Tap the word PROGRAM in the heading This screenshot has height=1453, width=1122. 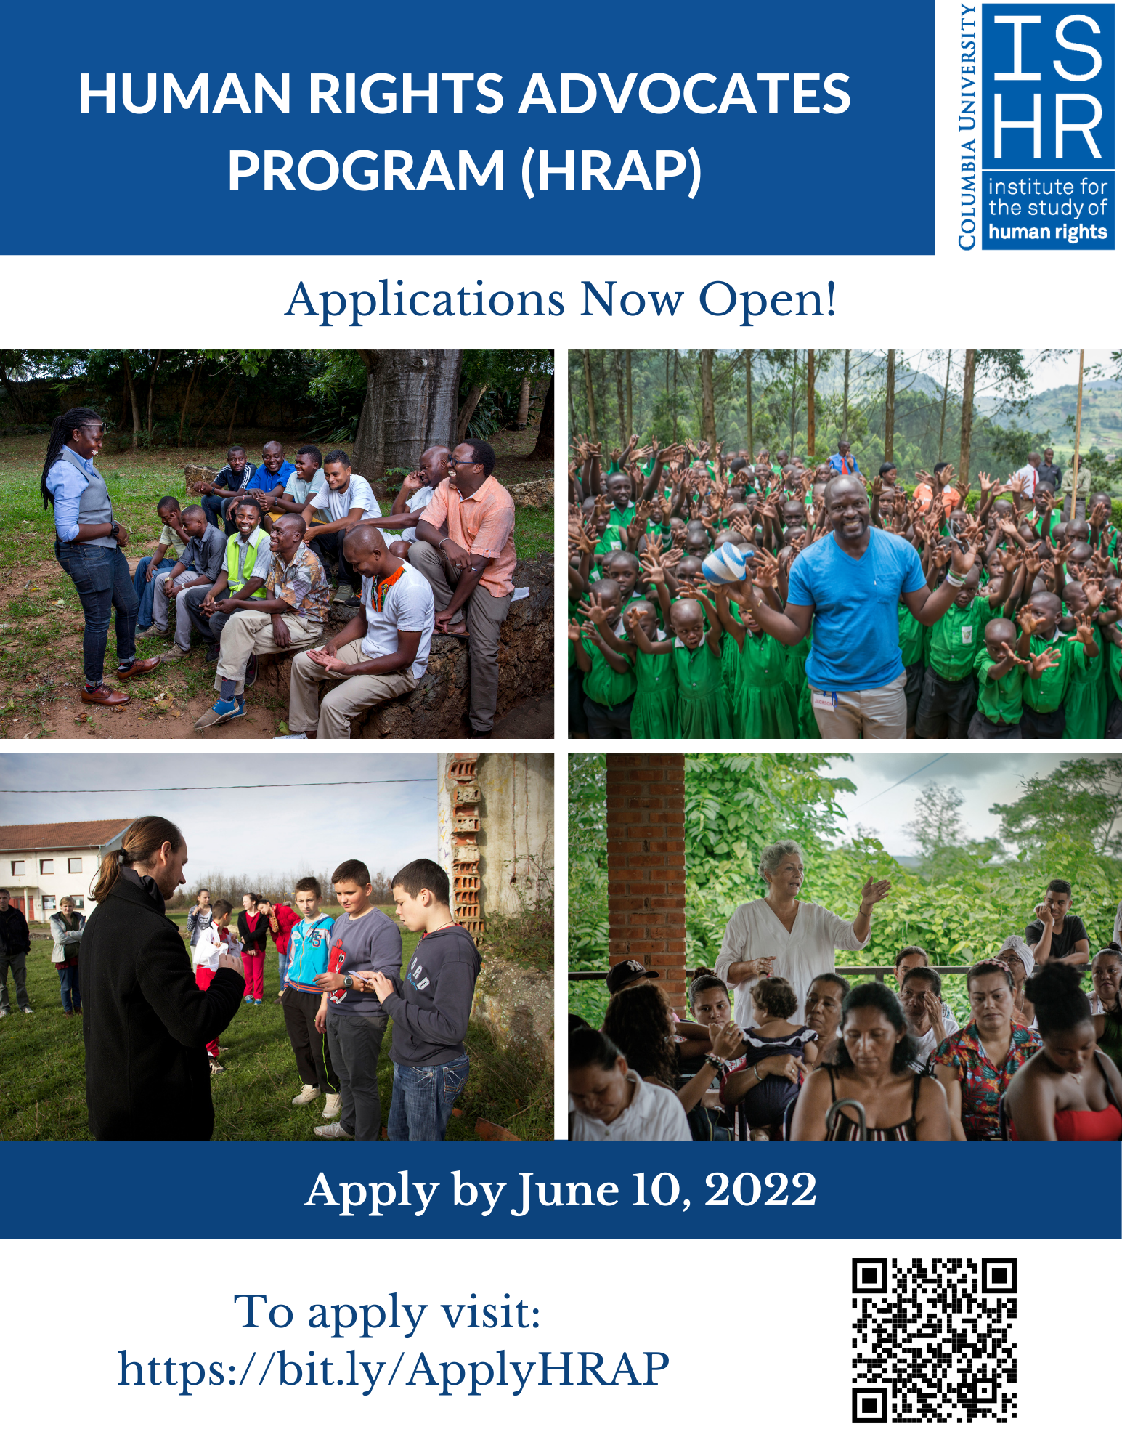pyautogui.click(x=366, y=171)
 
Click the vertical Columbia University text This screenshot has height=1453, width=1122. pyautogui.click(x=967, y=127)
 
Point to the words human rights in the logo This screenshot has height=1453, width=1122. pyautogui.click(x=1047, y=232)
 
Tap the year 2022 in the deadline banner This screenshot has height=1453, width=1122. pyautogui.click(x=760, y=1190)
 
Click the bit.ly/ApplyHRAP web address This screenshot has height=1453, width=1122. pyautogui.click(x=393, y=1370)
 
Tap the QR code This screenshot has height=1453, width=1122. pyautogui.click(x=934, y=1340)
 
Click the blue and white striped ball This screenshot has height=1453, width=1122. pyautogui.click(x=728, y=564)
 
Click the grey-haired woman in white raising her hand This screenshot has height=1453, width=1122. pyautogui.click(x=792, y=930)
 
